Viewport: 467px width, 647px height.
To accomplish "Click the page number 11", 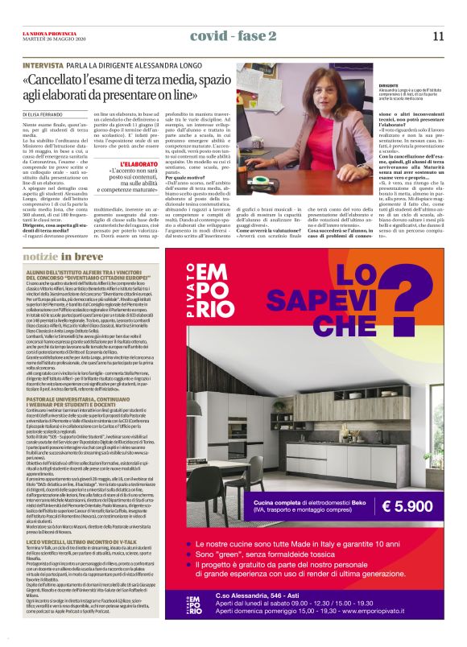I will click(437, 36).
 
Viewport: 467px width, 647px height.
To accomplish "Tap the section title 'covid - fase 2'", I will click(233, 36).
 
